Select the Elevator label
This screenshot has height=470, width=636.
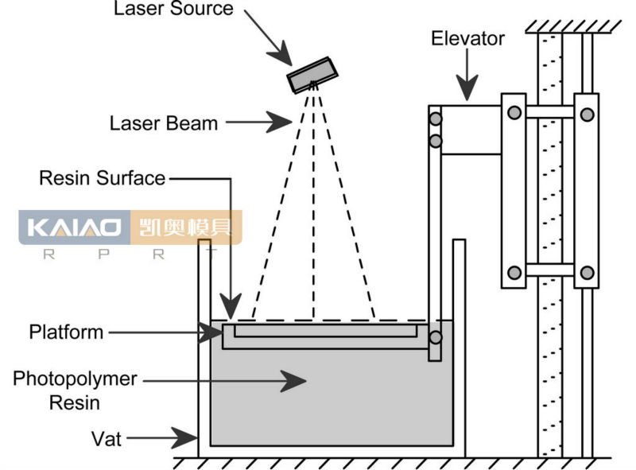(x=468, y=38)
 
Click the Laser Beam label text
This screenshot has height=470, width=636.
(x=164, y=123)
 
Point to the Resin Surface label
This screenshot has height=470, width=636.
(x=102, y=177)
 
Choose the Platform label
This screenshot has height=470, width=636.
(x=66, y=331)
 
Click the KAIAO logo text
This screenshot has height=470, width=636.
(x=76, y=228)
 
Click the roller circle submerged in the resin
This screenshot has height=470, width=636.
(x=435, y=337)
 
